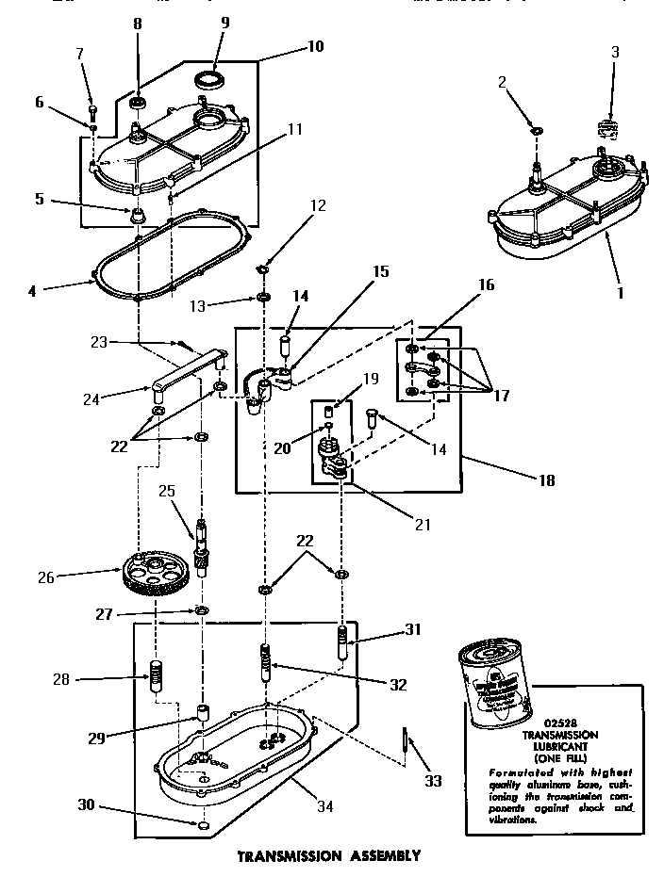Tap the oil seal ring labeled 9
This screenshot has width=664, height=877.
click(x=210, y=77)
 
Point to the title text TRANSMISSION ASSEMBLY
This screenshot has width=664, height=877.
click(x=328, y=857)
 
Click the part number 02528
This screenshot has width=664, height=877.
click(x=550, y=724)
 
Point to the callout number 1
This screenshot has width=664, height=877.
click(x=620, y=293)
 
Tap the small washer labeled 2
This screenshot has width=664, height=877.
click(x=535, y=129)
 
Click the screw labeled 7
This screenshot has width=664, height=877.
click(x=93, y=114)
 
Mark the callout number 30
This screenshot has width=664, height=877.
click(x=85, y=804)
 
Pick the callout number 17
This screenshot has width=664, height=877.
click(x=502, y=396)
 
